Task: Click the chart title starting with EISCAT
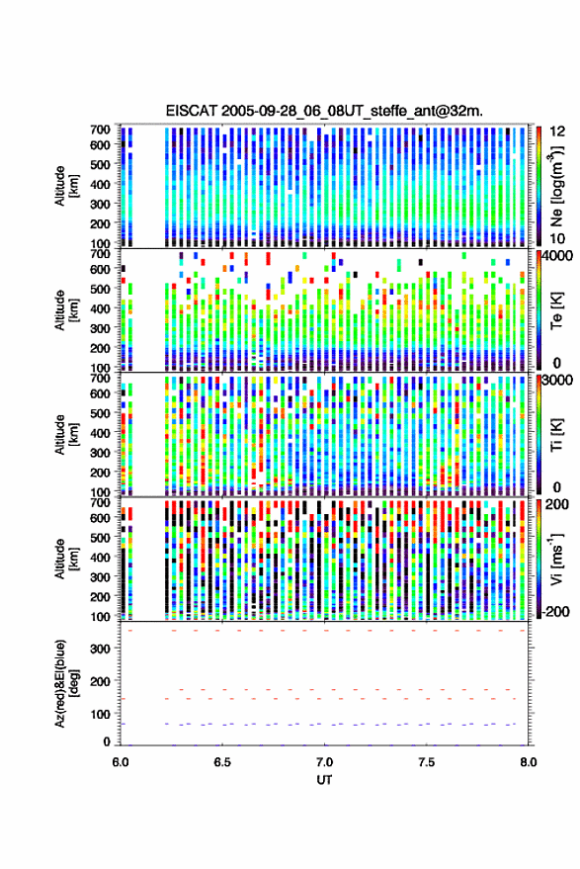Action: tap(324, 111)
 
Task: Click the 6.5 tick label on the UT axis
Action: tap(222, 762)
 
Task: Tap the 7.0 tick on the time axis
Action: tap(325, 762)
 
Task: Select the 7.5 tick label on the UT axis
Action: tap(427, 762)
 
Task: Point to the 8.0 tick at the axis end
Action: tap(528, 762)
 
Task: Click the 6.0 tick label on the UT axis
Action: tap(121, 762)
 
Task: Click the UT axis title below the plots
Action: tap(325, 780)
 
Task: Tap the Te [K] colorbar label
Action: tap(556, 310)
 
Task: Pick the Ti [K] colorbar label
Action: tap(556, 435)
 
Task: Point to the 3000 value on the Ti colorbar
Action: tap(557, 381)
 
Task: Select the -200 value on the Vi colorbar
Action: tap(554, 612)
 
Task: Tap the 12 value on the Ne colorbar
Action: tap(557, 131)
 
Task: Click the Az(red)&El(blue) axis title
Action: tap(67, 683)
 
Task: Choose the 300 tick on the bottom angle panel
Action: tap(100, 649)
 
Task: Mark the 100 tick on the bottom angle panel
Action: tap(100, 714)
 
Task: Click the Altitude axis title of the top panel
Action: tap(67, 186)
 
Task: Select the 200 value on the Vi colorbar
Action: tap(557, 504)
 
